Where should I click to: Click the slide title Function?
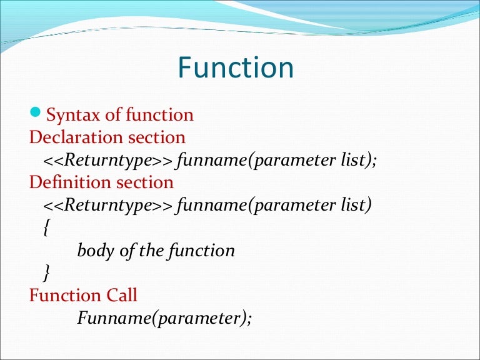pyautogui.click(x=236, y=67)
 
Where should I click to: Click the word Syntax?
pyautogui.click(x=69, y=116)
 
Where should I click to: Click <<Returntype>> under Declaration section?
pyautogui.click(x=108, y=160)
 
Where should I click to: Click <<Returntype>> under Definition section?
pyautogui.click(x=108, y=205)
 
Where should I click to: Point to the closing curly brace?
pyautogui.click(x=46, y=273)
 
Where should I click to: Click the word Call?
pyautogui.click(x=121, y=295)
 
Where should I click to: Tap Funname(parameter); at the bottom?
pyautogui.click(x=164, y=318)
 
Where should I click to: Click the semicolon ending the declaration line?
pyautogui.click(x=374, y=161)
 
